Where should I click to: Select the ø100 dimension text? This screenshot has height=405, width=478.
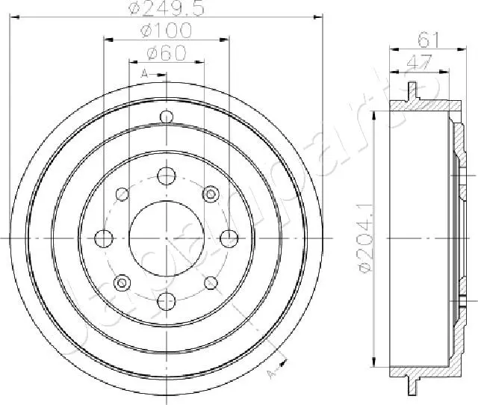tap(166, 31)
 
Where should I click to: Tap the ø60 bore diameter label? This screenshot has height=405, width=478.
tap(166, 52)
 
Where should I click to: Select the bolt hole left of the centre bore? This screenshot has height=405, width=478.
tap(104, 238)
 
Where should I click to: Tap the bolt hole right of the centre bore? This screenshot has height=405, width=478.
tap(229, 238)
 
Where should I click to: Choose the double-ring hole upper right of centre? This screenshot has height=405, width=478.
tap(211, 195)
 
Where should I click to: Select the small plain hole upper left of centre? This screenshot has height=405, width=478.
tap(122, 195)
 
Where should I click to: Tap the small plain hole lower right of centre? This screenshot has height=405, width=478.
tap(210, 282)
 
